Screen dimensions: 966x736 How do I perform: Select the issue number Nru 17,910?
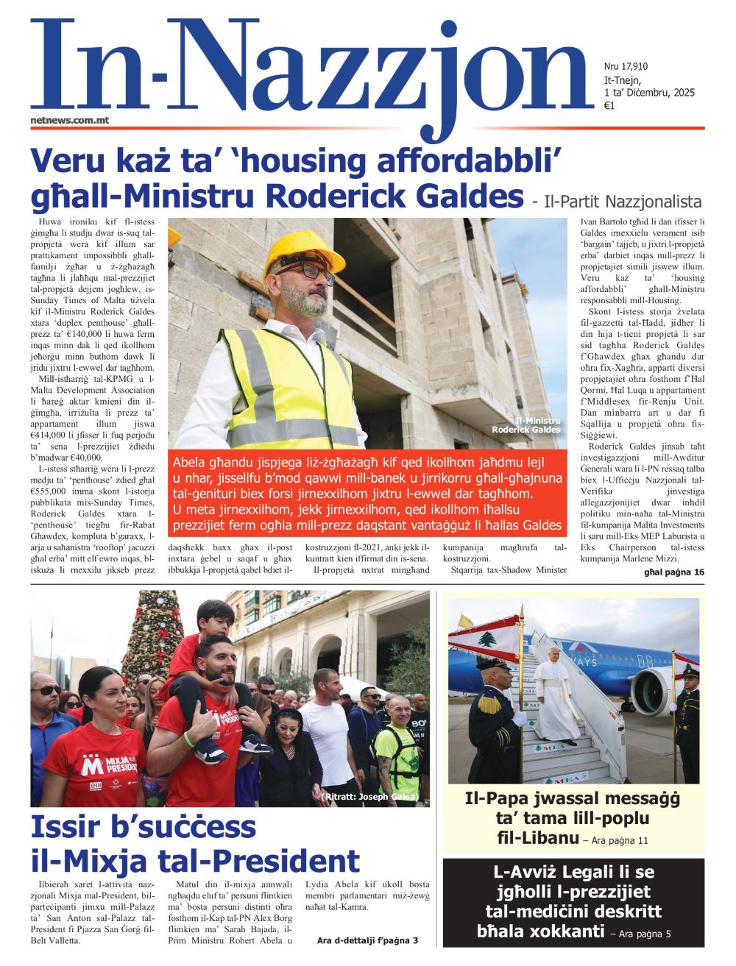626,67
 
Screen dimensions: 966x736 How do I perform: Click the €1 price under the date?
609,105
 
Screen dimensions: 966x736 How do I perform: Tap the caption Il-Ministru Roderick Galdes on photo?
526,425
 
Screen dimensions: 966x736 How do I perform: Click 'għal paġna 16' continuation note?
673,572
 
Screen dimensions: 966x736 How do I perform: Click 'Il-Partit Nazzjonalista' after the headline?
616,202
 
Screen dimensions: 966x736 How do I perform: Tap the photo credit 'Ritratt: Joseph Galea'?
370,797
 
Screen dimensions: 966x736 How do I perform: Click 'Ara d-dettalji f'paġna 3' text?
367,940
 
